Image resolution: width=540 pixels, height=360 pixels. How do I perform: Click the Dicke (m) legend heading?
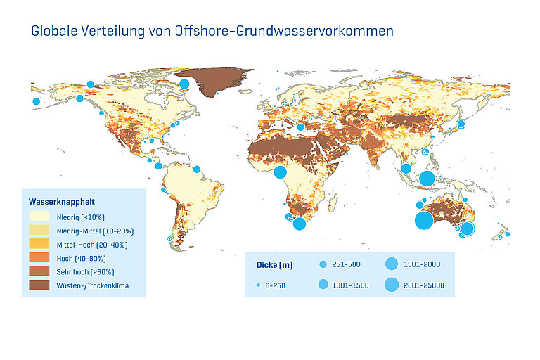(x=274, y=265)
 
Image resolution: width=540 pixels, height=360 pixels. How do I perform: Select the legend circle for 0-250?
(x=258, y=285)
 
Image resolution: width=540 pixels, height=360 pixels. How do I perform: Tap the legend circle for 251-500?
(x=323, y=265)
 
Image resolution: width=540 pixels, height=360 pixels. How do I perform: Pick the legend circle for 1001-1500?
(x=323, y=285)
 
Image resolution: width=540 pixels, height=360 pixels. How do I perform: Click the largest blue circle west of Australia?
(x=423, y=221)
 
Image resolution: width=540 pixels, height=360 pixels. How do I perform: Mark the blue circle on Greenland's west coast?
(x=184, y=84)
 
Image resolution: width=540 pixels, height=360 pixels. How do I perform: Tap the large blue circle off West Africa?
(x=280, y=172)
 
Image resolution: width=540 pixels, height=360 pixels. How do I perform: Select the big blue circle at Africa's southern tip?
(x=300, y=224)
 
